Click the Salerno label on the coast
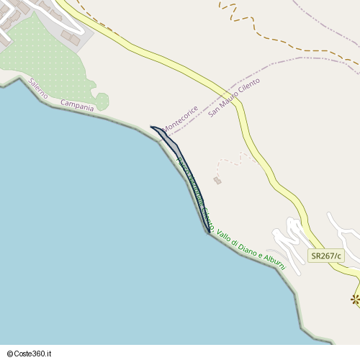pyautogui.click(x=39, y=87)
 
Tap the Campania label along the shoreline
pyautogui.click(x=77, y=105)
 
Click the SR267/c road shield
pyautogui.click(x=326, y=256)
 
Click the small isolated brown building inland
pyautogui.click(x=217, y=181)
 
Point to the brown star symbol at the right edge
pyautogui.click(x=355, y=300)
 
